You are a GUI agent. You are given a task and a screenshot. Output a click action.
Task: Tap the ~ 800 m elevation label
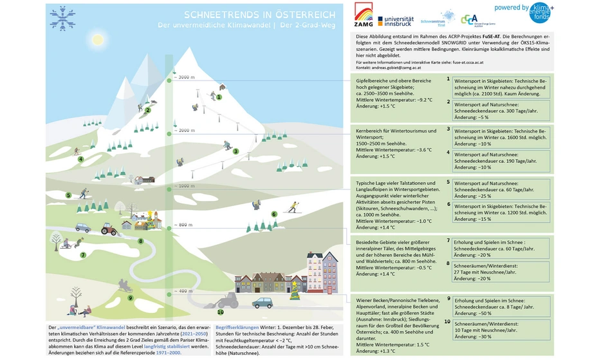pos(183,225)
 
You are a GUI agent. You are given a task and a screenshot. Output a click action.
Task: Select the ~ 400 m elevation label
pos(183,291)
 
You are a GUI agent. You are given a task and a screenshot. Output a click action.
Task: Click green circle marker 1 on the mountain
pos(219,97)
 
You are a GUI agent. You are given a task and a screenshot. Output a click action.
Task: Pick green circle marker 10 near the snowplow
pos(221,312)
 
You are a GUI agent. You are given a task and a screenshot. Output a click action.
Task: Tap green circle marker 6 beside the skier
pos(273,214)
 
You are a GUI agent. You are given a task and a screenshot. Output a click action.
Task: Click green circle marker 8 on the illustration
pos(140,242)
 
